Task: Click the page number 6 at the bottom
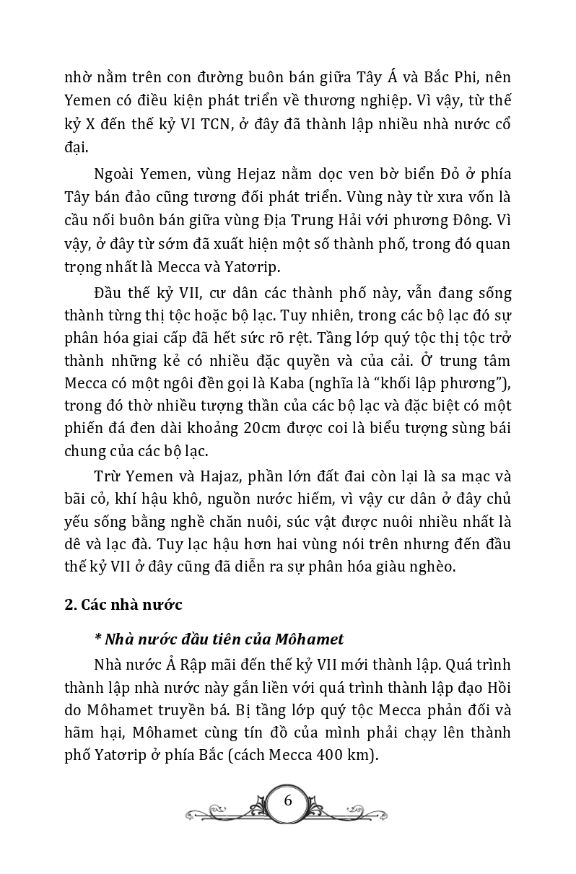tap(288, 800)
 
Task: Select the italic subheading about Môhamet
tap(219, 639)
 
